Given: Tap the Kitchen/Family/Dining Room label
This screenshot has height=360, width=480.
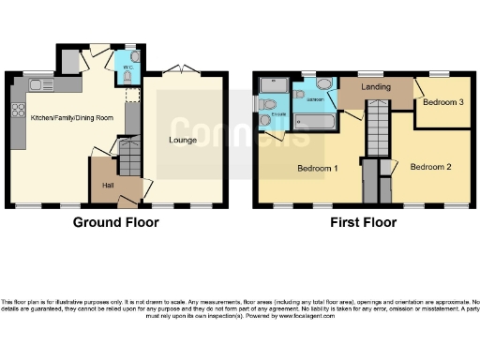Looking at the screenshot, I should (x=72, y=118).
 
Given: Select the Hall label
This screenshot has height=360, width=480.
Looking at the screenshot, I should (x=108, y=186).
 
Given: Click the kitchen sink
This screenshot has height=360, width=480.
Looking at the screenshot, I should (x=41, y=85).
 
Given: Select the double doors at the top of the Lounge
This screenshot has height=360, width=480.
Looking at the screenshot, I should (x=180, y=70).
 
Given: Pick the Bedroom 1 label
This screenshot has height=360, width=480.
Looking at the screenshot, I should (x=317, y=169).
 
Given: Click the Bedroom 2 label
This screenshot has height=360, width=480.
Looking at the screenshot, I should (x=431, y=167).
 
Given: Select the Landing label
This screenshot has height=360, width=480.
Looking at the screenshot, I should (x=376, y=87).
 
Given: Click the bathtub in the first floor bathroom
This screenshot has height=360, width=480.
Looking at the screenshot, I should (x=318, y=121).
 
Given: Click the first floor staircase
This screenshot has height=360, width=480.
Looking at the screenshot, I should (x=377, y=122).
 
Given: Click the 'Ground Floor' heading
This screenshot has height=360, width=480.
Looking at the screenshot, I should (x=116, y=222).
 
